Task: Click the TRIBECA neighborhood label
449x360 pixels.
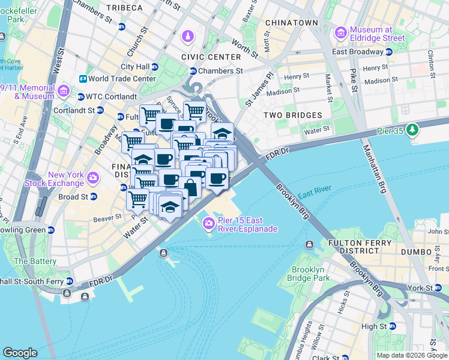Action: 124,8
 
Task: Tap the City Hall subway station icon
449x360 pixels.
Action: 155,67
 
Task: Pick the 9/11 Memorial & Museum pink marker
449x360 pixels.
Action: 64,92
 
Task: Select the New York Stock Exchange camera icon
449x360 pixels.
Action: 92,178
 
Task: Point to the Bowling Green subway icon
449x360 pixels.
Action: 51,230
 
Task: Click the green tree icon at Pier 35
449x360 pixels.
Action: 412,130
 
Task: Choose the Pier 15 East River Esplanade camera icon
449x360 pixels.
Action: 208,224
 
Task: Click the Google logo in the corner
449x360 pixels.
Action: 20,353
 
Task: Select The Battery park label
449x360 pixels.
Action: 35,261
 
